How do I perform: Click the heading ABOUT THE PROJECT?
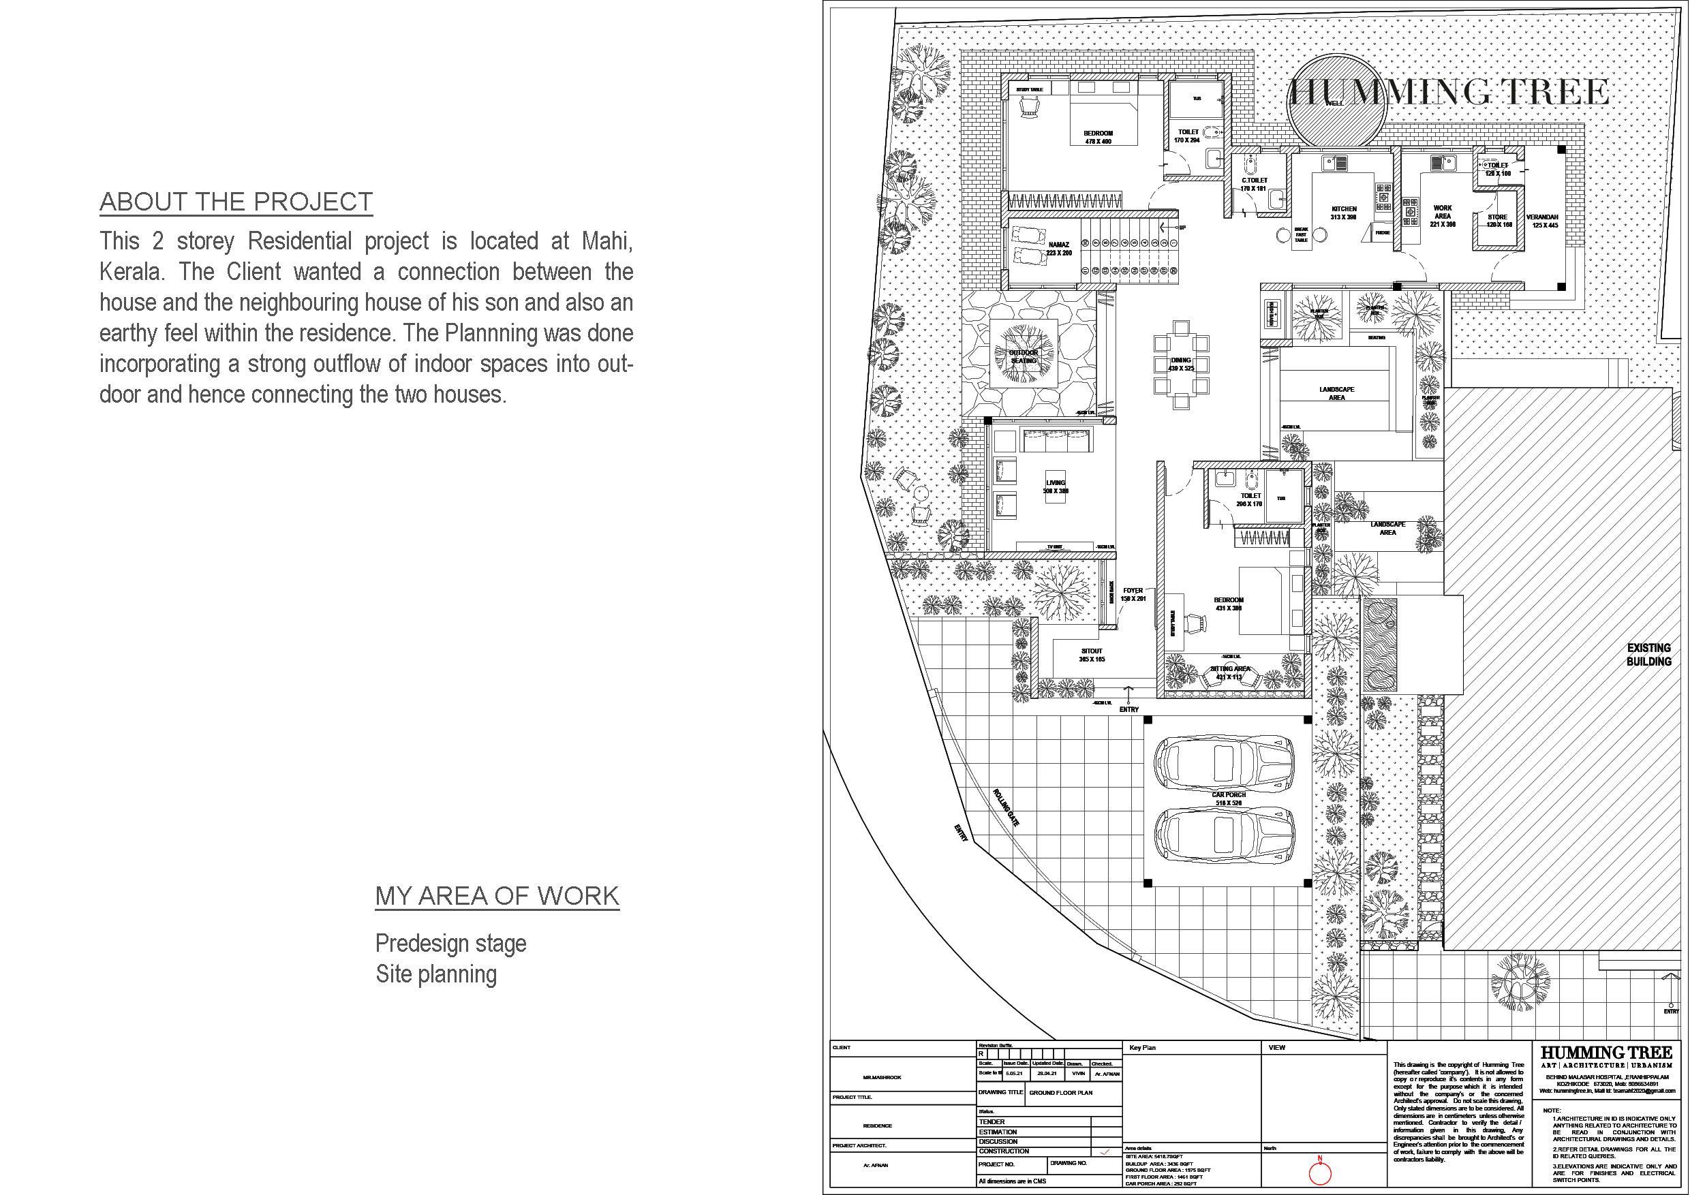236,202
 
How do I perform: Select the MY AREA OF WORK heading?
497,895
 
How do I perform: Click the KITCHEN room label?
1343,209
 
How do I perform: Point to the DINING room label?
1181,360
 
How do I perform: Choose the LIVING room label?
1056,484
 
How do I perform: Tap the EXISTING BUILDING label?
1649,654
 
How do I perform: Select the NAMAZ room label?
1058,245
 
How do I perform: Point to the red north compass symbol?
1320,1173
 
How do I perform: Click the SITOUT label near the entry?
1092,651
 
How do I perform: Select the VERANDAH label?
1542,218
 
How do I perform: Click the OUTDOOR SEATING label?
1023,357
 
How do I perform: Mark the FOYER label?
1133,590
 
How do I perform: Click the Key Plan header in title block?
1142,1047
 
